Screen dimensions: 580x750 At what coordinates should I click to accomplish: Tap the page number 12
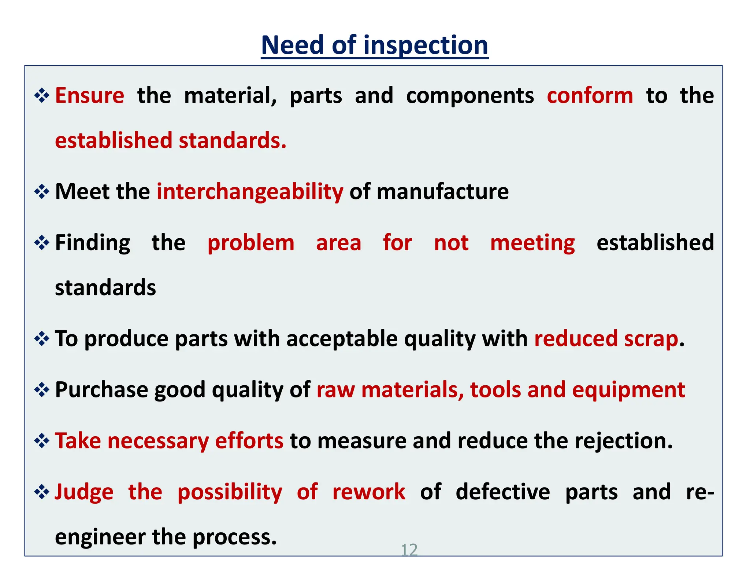[x=409, y=550]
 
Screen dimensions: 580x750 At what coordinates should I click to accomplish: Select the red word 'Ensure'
[x=90, y=96]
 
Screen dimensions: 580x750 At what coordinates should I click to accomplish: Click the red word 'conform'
[x=590, y=96]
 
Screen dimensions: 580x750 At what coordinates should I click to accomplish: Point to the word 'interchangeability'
[x=250, y=192]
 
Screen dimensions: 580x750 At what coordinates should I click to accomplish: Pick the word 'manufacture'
[x=442, y=192]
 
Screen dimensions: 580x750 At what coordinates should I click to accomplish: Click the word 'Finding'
[x=93, y=243]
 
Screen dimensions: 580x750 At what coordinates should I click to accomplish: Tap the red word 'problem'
[x=251, y=243]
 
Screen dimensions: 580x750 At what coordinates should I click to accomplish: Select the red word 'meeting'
[x=532, y=243]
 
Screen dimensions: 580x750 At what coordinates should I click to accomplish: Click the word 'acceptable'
[x=342, y=338]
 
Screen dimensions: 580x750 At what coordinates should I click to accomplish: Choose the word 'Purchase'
[x=101, y=390]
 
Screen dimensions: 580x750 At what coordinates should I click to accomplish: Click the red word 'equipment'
[x=628, y=390]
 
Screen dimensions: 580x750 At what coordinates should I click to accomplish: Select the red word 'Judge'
[x=84, y=492]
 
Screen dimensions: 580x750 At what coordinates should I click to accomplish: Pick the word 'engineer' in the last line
[x=100, y=537]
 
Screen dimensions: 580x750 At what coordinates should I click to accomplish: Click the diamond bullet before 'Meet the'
[x=42, y=192]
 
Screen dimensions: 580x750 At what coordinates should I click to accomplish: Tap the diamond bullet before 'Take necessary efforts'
[x=42, y=441]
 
